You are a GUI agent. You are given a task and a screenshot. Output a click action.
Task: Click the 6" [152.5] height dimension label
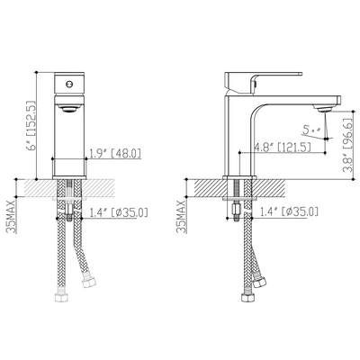(31, 124)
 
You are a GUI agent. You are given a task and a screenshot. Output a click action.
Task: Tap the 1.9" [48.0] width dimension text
(116, 153)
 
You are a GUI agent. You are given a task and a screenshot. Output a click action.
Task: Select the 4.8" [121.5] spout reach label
(282, 148)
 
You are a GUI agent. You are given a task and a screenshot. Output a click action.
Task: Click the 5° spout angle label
(310, 130)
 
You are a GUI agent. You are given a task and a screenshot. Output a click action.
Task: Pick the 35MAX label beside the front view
(12, 216)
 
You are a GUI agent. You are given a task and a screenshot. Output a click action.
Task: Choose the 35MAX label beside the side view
(182, 216)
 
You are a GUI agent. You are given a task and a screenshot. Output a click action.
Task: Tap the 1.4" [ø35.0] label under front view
(119, 212)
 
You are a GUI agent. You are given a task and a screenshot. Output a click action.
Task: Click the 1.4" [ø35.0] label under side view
(289, 212)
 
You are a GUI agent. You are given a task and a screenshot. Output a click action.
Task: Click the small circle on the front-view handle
(69, 84)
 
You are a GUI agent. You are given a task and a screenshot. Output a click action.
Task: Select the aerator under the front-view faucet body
(69, 108)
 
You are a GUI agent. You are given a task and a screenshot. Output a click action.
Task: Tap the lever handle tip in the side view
(301, 74)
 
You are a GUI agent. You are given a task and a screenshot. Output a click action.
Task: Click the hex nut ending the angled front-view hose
(88, 283)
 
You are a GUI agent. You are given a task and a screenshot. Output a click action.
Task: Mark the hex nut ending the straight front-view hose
(61, 297)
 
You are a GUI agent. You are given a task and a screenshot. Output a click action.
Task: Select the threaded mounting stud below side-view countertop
(237, 199)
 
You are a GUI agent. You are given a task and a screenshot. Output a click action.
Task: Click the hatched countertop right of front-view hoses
(98, 188)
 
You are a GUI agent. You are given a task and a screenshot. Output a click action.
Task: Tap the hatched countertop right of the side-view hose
(267, 188)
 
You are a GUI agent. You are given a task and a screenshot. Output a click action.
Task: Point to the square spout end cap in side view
(339, 100)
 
